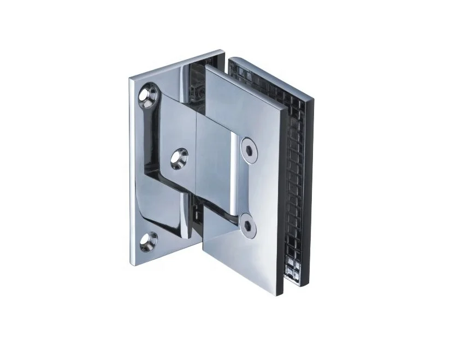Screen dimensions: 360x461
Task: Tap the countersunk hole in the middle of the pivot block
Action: tap(178, 157)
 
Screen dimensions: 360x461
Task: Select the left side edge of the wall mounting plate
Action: tap(131, 169)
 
